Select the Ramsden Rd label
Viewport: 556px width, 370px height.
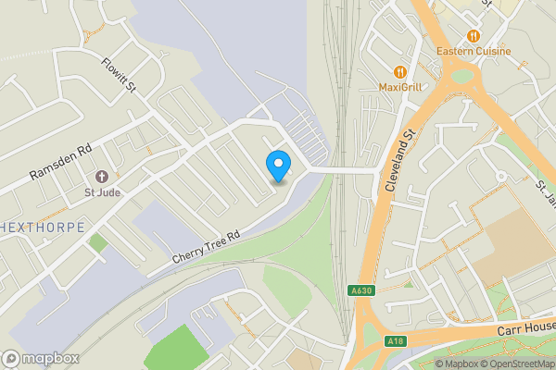point(61,161)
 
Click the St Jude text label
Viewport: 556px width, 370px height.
point(102,192)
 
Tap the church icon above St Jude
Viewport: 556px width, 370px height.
point(102,176)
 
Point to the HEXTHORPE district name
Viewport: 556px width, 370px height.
point(43,228)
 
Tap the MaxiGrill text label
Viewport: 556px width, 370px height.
point(400,87)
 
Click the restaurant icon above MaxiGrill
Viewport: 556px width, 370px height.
point(400,71)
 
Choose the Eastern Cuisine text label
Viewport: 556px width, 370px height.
point(474,52)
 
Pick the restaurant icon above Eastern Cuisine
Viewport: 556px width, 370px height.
point(474,36)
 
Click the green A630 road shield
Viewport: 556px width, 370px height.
point(362,290)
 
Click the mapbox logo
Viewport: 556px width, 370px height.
point(40,357)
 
